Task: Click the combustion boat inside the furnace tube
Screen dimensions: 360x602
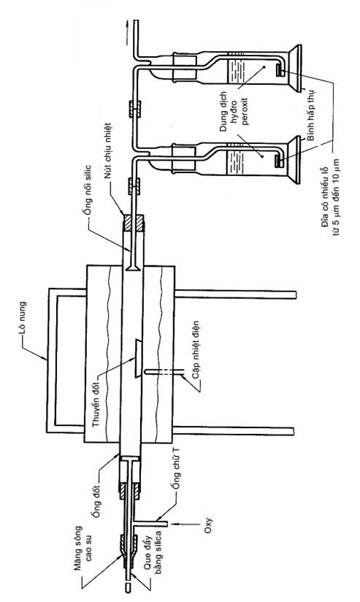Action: click(137, 358)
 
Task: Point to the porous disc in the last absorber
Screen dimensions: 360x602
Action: click(280, 69)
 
